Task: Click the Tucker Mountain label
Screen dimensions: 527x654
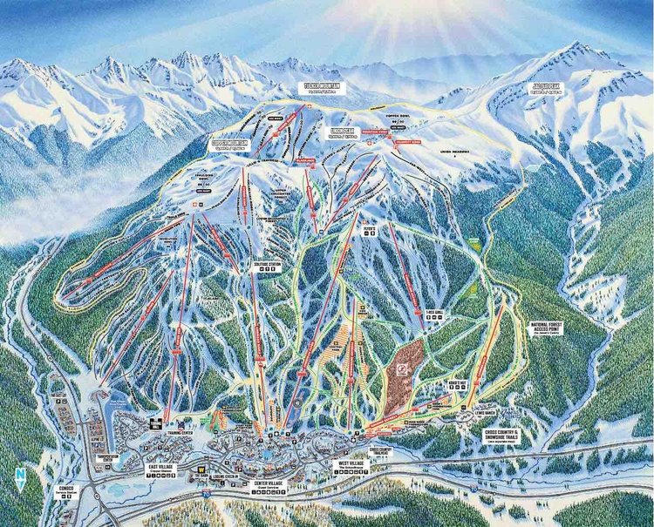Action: tap(322, 88)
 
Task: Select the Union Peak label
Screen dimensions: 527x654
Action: tap(341, 132)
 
